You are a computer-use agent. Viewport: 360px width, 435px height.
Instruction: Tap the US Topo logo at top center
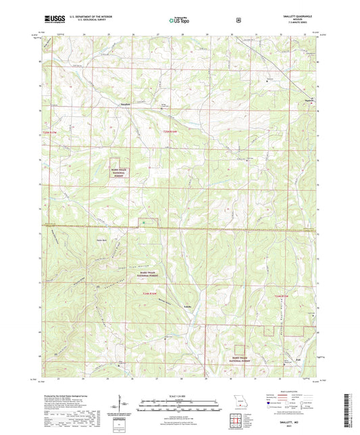pos(178,20)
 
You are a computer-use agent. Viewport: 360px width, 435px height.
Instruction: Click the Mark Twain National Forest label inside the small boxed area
pos(124,172)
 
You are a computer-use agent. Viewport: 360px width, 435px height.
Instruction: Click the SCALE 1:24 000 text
pos(180,396)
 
